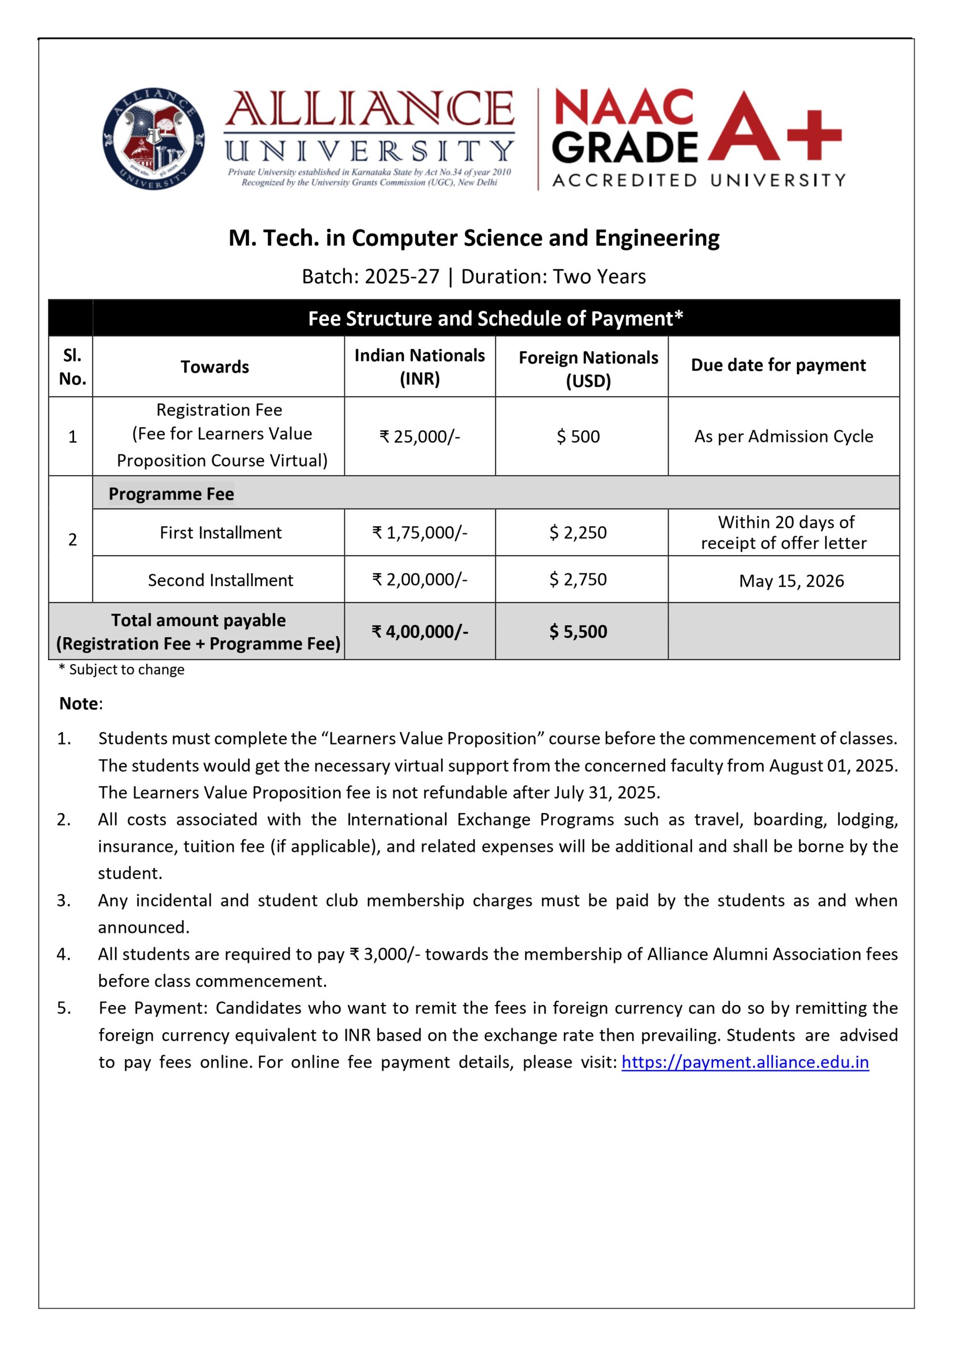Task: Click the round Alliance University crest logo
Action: tap(153, 139)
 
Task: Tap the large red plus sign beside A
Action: tap(814, 135)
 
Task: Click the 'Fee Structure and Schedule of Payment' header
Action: tap(496, 318)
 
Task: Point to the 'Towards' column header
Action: tap(215, 367)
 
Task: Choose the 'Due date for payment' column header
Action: tap(778, 365)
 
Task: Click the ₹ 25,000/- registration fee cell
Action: tap(420, 437)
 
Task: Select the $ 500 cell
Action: tap(578, 437)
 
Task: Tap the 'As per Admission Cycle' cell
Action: tap(784, 437)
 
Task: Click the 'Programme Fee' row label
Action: tap(171, 494)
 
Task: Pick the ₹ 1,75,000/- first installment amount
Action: tap(420, 532)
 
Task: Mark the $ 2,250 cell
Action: tap(578, 532)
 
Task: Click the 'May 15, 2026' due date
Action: tap(791, 581)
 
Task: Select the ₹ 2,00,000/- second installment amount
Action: tap(420, 580)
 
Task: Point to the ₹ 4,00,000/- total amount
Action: tap(420, 631)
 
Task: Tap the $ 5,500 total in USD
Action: tap(578, 631)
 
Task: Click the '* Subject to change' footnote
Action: tap(121, 670)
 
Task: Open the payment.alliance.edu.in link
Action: tap(745, 1062)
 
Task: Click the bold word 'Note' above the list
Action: tap(79, 703)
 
